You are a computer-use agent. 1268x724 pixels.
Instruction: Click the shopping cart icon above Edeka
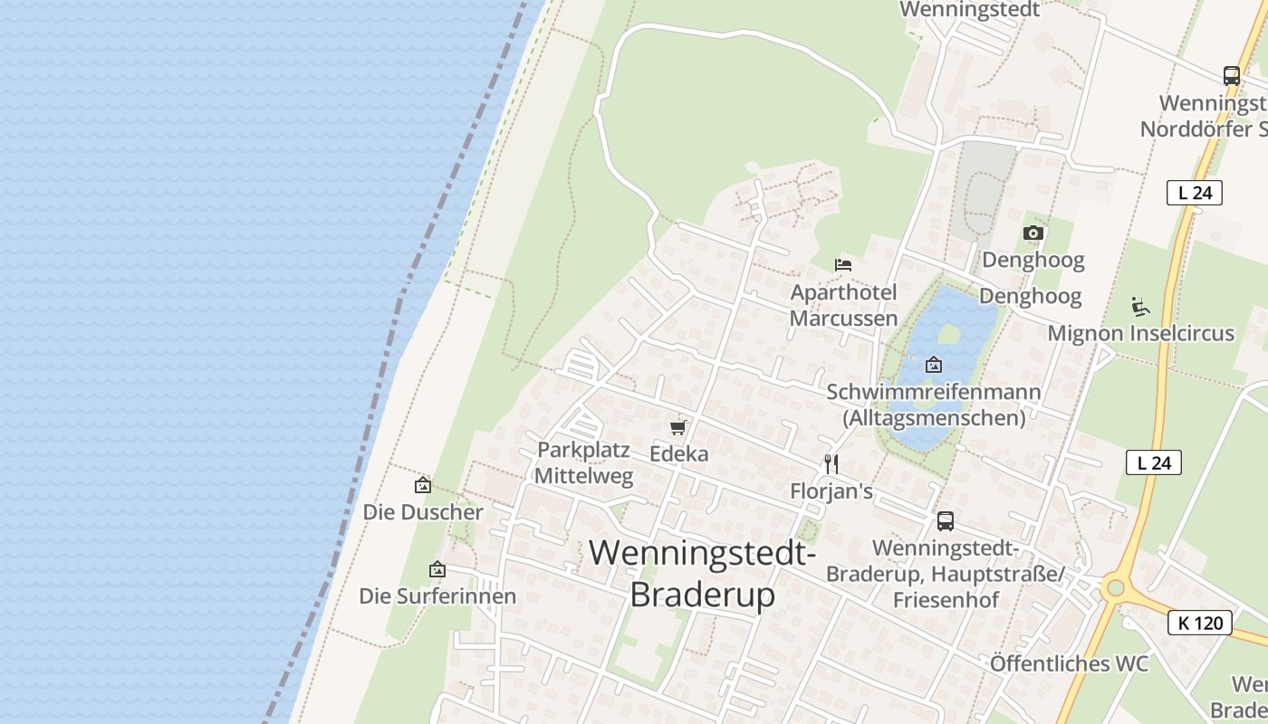click(x=678, y=427)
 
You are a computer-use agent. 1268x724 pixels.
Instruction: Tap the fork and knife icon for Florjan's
click(x=831, y=464)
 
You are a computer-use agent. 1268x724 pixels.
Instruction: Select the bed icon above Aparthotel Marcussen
click(x=843, y=264)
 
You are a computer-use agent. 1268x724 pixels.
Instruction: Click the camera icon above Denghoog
click(x=1033, y=233)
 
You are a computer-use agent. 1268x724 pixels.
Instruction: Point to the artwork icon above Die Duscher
click(x=423, y=485)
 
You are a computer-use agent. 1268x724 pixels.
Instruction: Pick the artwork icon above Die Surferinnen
click(x=437, y=569)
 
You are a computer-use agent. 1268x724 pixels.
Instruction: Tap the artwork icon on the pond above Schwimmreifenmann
click(x=934, y=365)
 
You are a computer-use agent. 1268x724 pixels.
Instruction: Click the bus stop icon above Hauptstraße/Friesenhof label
click(x=945, y=521)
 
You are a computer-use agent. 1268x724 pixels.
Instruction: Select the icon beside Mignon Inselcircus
click(x=1140, y=307)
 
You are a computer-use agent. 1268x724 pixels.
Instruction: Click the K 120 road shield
click(x=1199, y=623)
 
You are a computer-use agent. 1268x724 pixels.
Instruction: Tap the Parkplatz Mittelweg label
click(x=583, y=462)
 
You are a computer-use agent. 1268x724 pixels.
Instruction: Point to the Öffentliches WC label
click(x=1069, y=663)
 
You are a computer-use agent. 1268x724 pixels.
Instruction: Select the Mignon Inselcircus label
click(x=1140, y=333)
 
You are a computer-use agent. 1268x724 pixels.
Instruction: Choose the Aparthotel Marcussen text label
click(x=843, y=305)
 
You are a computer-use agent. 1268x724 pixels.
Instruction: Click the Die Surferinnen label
click(x=437, y=595)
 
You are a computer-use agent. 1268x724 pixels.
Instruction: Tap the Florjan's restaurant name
click(x=831, y=491)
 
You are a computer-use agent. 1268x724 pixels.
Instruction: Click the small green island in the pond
click(x=948, y=334)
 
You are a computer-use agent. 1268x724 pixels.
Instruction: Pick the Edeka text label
click(x=678, y=453)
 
